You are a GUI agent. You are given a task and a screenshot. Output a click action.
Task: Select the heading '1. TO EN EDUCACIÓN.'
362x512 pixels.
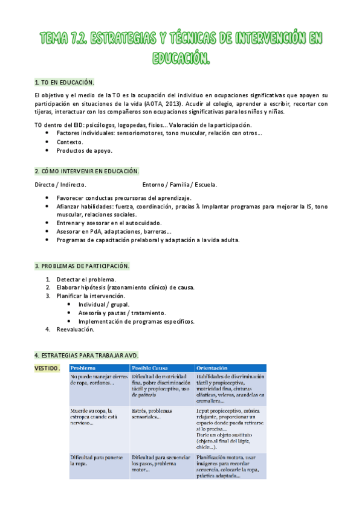point(65,82)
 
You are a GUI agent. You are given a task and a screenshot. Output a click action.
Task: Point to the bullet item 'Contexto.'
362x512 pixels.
point(69,142)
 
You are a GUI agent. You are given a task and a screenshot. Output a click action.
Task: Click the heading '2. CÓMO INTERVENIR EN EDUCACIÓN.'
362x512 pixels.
point(87,171)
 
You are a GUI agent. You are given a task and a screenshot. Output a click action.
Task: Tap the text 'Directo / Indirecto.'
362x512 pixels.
point(60,185)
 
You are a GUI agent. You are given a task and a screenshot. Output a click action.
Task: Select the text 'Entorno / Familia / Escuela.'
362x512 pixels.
point(180,185)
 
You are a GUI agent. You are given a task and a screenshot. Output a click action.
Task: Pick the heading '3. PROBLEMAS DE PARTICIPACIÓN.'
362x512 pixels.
point(82,266)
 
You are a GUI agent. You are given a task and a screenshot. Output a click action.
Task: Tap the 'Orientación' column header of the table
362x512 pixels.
point(212,368)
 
